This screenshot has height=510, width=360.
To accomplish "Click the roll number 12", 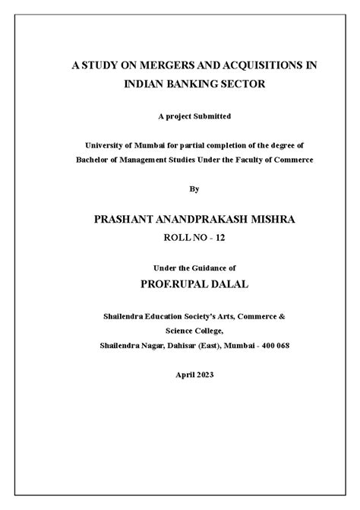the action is click(219, 237).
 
